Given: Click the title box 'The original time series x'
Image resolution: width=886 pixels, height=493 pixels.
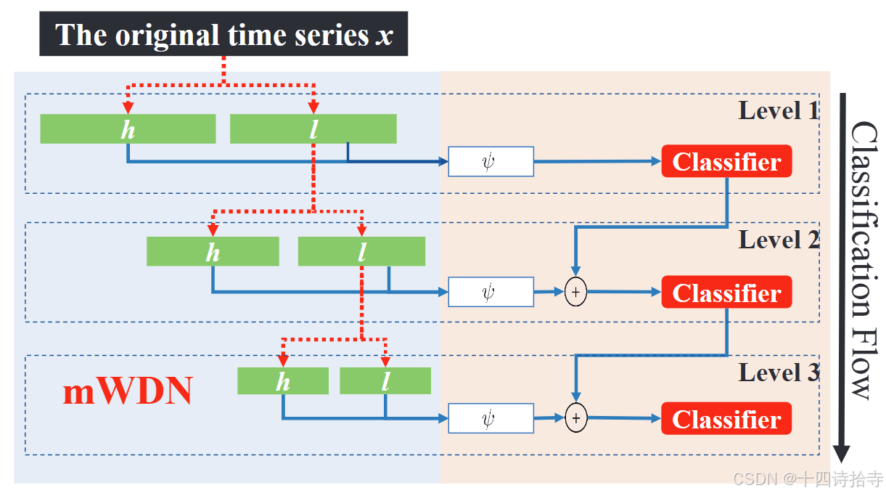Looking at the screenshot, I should (223, 35).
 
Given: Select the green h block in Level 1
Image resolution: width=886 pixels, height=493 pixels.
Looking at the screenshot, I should (128, 129).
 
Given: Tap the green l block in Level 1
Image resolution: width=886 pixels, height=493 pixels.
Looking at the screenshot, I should (313, 129).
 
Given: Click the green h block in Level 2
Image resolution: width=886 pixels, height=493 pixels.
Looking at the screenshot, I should (213, 251).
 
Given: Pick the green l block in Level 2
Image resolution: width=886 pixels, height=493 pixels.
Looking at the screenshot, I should (361, 251).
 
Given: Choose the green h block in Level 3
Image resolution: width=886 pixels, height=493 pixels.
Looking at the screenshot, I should (282, 381).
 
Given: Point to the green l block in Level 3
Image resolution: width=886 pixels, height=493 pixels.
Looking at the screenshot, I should (385, 381).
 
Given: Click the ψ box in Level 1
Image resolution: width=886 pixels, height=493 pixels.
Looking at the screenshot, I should (491, 161).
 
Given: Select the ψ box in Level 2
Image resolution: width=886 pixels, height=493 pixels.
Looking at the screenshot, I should (491, 292).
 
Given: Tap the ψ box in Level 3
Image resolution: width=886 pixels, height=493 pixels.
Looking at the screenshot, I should (491, 418).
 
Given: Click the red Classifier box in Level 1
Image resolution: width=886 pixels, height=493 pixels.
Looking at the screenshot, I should (726, 161).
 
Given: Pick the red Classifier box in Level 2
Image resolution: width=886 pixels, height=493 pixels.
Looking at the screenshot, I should (726, 292).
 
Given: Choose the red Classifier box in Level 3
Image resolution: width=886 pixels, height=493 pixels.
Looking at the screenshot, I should (726, 419).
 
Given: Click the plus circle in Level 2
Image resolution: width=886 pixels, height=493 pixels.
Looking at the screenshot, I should (575, 292).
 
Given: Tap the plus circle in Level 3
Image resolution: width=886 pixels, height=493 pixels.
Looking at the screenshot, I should (575, 418).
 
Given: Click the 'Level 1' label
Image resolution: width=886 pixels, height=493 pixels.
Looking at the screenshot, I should (779, 110).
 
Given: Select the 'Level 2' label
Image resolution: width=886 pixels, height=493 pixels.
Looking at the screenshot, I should (779, 240).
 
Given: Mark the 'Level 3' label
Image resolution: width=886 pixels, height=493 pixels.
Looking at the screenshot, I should (779, 372).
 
